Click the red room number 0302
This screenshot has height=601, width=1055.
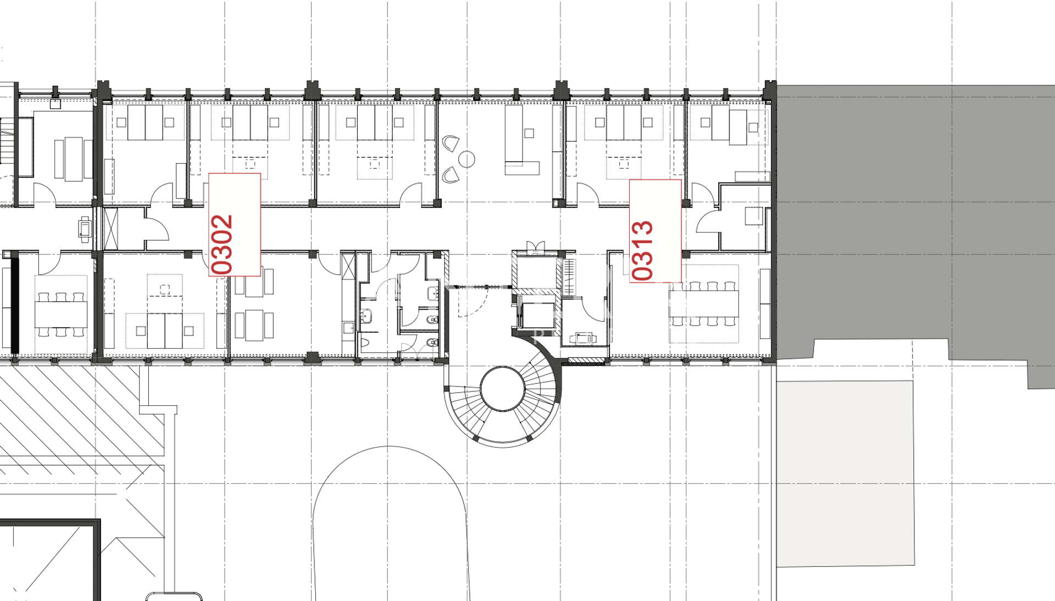[x=223, y=244]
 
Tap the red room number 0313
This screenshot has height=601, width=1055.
[x=642, y=250]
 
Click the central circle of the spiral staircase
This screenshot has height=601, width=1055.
[x=503, y=389]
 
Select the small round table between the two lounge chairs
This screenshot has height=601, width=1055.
[x=467, y=159]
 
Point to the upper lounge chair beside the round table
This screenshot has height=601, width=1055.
[x=452, y=144]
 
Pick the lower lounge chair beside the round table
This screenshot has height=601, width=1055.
[x=452, y=175]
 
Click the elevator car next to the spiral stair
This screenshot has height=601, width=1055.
[x=536, y=316]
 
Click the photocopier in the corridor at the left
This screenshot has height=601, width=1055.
[x=85, y=229]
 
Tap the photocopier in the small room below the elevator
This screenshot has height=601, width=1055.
[x=583, y=338]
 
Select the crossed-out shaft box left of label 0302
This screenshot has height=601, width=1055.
[x=111, y=229]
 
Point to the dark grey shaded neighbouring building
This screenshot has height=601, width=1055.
[x=915, y=220]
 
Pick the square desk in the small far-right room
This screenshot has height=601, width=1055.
[x=754, y=216]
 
